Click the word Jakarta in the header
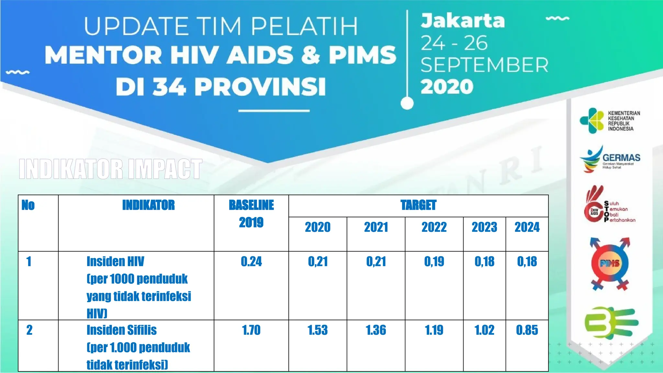463,21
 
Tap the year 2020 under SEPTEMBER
447,87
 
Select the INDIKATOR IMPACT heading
110,169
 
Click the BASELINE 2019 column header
251,214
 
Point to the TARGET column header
418,205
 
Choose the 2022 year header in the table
434,227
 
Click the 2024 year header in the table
527,227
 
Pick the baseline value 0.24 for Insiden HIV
251,262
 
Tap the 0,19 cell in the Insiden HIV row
434,262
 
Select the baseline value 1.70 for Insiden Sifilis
251,330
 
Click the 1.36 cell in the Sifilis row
376,330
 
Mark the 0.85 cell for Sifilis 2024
527,330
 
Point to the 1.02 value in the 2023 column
484,330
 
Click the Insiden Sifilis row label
121,330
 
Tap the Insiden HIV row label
115,262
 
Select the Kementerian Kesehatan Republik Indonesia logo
610,121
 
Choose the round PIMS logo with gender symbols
610,264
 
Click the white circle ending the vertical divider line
407,103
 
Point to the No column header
28,205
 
